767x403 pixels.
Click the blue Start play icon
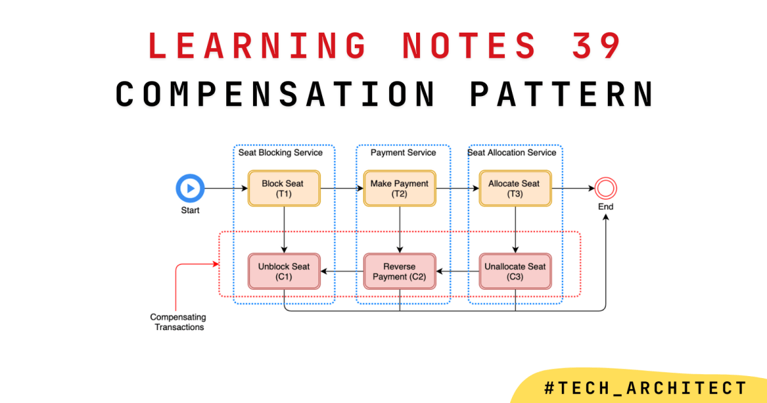pos(190,189)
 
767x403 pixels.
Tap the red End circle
pos(605,188)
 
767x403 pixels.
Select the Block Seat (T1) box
pos(283,188)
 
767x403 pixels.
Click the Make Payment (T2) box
pos(399,188)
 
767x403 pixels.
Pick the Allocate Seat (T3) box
pos(515,188)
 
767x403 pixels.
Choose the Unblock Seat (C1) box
pos(283,271)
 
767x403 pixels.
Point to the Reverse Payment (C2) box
pos(399,271)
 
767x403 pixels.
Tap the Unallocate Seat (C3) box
pos(515,271)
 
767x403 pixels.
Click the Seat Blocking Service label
pos(281,153)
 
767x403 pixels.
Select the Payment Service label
pos(403,153)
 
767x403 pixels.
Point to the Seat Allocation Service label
pos(512,153)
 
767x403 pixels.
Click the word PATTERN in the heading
pos(562,94)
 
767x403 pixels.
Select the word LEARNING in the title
pos(257,45)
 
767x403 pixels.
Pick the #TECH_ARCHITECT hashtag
pos(645,388)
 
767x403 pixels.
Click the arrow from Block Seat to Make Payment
pos(341,189)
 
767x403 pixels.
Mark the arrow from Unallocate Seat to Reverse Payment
pos(458,272)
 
